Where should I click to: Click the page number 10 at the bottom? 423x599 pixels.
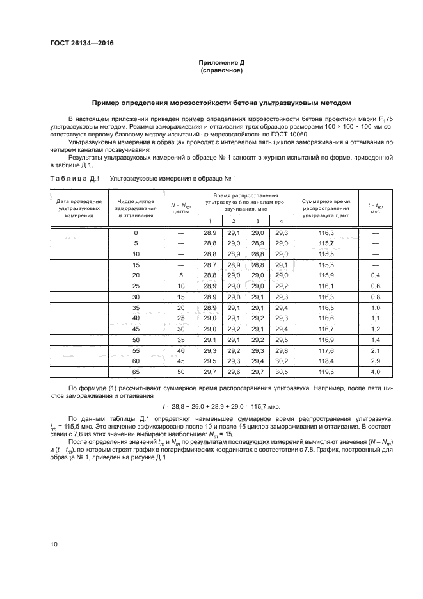click(x=54, y=544)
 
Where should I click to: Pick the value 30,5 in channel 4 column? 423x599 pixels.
click(x=281, y=371)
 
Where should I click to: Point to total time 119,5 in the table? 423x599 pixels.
click(x=326, y=371)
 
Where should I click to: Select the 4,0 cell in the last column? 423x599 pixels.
click(x=375, y=371)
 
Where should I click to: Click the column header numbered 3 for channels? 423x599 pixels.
click(x=257, y=221)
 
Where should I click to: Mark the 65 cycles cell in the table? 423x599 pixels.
click(x=136, y=371)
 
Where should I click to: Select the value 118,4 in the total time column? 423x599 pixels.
click(x=326, y=361)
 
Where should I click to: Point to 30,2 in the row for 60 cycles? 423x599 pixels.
click(x=281, y=361)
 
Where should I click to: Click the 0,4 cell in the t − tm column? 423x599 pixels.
click(x=375, y=274)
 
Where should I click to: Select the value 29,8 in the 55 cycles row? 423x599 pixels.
click(x=281, y=350)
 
